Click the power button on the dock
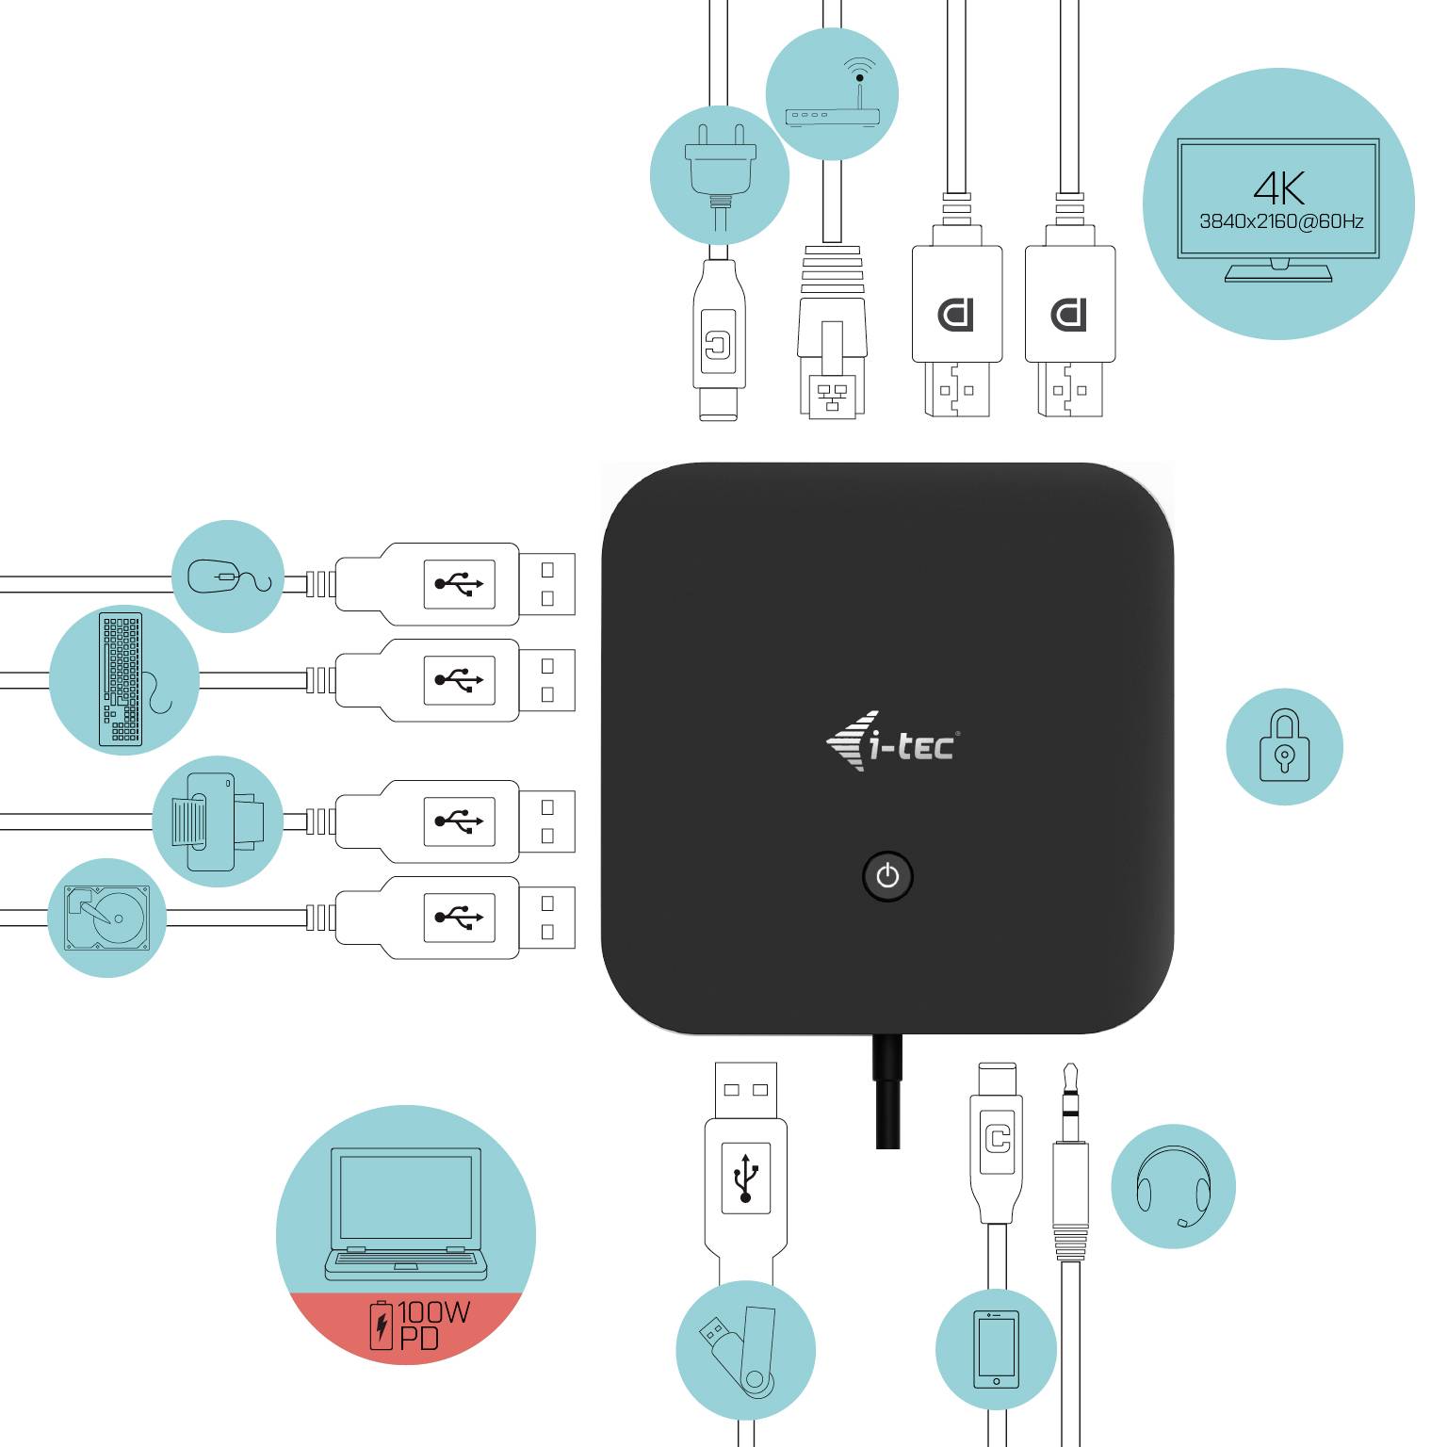(887, 877)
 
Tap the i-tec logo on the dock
(892, 743)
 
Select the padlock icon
(1284, 746)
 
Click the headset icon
(1173, 1186)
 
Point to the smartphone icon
(996, 1349)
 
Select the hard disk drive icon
(106, 918)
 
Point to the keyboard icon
(122, 679)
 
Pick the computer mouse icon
(227, 576)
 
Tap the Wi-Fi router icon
(832, 95)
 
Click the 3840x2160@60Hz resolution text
(1280, 222)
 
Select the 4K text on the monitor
(1278, 187)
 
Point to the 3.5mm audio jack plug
(1070, 1168)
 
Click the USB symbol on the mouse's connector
(460, 584)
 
